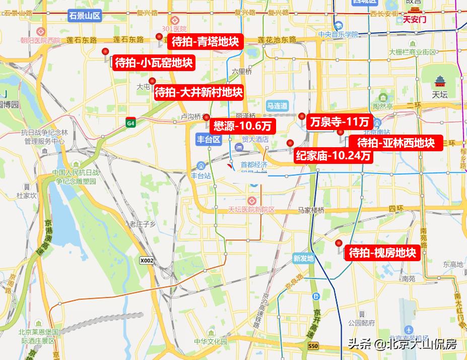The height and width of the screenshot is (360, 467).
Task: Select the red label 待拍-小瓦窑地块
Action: pos(154,63)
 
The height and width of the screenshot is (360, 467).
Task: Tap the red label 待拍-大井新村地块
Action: pos(198,93)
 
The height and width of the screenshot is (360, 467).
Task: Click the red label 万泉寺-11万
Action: pos(340,122)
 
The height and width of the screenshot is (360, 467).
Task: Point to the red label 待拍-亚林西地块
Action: pos(395,143)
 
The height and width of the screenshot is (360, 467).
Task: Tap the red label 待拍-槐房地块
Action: pos(382,253)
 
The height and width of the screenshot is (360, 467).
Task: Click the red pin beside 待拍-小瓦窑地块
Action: pos(105,52)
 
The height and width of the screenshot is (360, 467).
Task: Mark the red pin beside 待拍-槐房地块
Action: pos(339,244)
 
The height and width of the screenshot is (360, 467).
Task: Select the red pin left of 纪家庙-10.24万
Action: pos(290,143)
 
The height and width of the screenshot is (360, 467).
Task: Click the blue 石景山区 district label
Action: pos(85,16)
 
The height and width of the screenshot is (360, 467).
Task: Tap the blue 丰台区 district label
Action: pos(209,140)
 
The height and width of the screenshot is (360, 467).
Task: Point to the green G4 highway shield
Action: pos(131,123)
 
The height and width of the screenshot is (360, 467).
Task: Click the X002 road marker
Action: pos(147,261)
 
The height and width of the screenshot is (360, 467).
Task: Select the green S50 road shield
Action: pos(313,346)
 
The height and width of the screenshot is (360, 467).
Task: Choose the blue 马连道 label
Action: pos(277,106)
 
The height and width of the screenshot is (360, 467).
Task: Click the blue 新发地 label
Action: pos(303,259)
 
